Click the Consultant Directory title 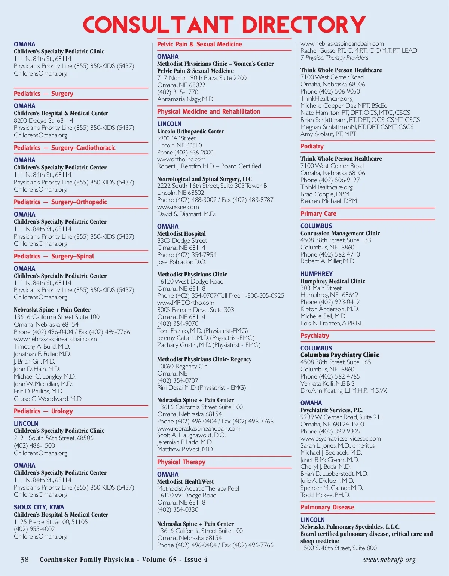click(x=224, y=25)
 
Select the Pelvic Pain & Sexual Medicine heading click(x=199, y=44)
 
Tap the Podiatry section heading click(x=312, y=146)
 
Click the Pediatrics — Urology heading click(x=43, y=411)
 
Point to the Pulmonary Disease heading click(x=327, y=507)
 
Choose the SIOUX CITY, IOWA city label click(x=39, y=507)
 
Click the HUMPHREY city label click(x=316, y=274)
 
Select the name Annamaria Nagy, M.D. click(x=186, y=99)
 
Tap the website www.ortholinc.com click(x=181, y=159)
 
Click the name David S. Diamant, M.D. click(x=186, y=214)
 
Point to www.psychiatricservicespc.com click(x=340, y=438)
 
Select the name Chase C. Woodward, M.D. click(x=48, y=399)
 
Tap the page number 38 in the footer click(x=25, y=560)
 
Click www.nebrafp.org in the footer click(x=389, y=560)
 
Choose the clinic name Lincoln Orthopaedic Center click(x=190, y=131)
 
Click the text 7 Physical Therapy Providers click(x=334, y=58)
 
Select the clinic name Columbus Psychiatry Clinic click(x=340, y=355)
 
